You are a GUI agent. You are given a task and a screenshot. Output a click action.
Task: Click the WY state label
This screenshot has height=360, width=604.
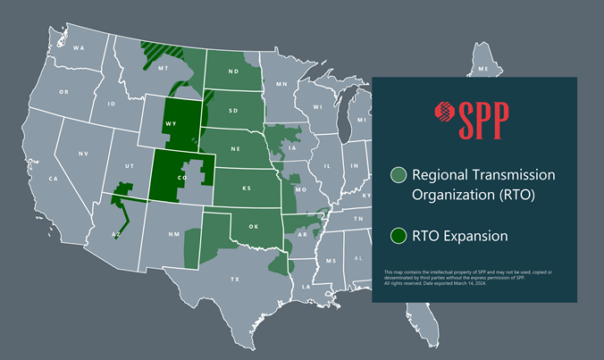point(170,126)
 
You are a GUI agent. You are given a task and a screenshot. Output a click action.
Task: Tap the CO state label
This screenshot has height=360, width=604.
point(181,177)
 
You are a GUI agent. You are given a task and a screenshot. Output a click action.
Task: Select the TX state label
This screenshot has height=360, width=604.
point(235,280)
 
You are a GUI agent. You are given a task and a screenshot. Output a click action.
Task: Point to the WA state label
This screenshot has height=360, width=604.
point(79,47)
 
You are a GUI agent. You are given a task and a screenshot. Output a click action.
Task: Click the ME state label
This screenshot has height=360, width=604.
point(483,69)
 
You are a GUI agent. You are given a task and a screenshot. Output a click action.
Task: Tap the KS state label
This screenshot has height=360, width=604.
point(245,191)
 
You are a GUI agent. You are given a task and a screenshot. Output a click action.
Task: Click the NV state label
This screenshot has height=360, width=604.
point(83,155)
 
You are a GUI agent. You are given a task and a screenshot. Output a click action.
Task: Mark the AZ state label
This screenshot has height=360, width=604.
point(114,234)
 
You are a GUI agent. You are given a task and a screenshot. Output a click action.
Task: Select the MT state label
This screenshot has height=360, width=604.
point(164,68)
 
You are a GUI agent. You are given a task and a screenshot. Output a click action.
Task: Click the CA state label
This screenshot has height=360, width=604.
point(54,180)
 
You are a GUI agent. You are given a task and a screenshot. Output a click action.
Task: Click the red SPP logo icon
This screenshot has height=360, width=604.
point(443,113)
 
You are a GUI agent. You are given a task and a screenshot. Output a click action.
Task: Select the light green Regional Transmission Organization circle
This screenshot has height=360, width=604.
point(398,175)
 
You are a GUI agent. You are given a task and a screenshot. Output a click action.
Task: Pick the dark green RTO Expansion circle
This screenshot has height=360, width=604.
point(398,236)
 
